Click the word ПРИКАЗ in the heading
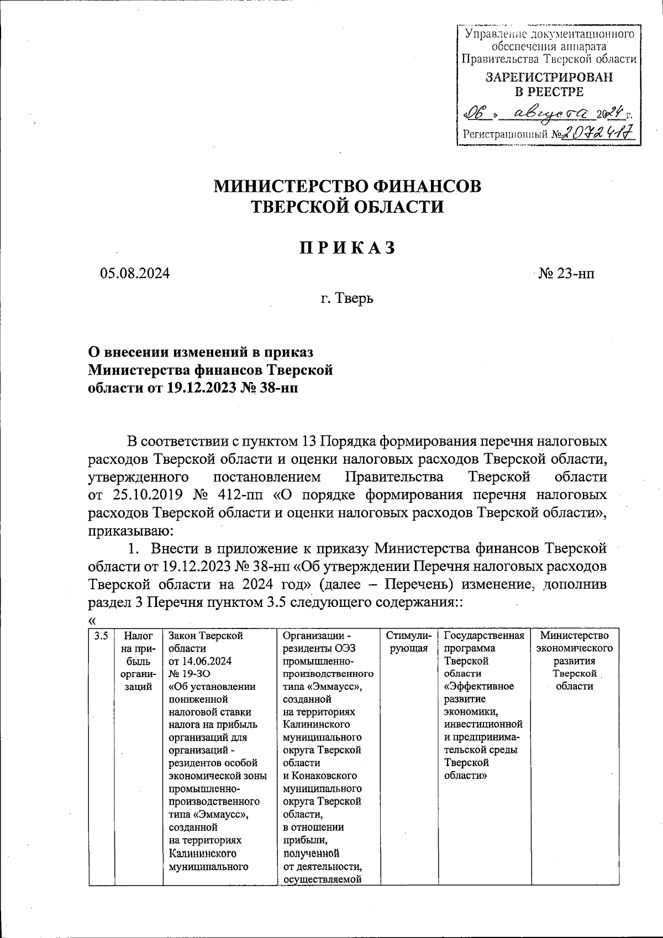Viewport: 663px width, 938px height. [x=348, y=248]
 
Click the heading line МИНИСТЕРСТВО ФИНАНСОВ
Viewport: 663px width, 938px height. [x=348, y=186]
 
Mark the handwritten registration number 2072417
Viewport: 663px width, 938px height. [x=597, y=133]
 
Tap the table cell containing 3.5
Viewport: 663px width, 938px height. [x=101, y=636]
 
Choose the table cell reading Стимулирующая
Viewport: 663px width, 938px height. [x=408, y=642]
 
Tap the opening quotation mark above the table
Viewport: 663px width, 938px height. [x=92, y=620]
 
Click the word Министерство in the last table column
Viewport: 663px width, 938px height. [x=575, y=636]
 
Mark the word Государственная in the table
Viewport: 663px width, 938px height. [x=483, y=636]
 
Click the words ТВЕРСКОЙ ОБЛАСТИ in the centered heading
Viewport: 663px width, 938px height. [x=348, y=207]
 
